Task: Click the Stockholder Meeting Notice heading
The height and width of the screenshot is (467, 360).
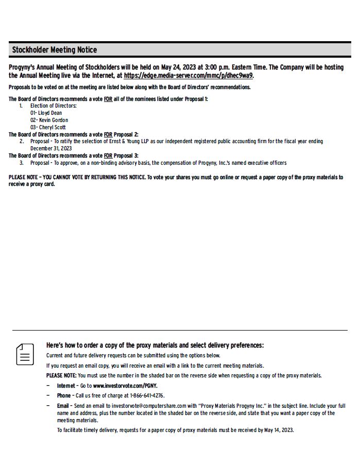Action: click(x=54, y=50)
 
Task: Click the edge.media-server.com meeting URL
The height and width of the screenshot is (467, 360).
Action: click(x=188, y=75)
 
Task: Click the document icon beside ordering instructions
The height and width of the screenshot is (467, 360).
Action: click(x=25, y=355)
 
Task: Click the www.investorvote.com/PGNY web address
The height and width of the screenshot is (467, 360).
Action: click(x=125, y=385)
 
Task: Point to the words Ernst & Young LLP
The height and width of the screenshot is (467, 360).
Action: click(x=125, y=141)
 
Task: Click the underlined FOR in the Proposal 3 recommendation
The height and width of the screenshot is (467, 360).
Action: click(x=108, y=155)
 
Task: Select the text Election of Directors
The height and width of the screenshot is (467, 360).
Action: click(x=54, y=106)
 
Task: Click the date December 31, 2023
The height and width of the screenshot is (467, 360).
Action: click(x=51, y=148)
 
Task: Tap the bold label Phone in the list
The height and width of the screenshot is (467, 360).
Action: click(x=64, y=395)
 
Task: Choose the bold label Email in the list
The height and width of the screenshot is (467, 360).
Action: click(x=63, y=406)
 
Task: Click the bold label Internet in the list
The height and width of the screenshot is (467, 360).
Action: click(x=65, y=385)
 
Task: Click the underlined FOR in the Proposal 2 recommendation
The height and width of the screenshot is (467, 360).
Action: click(x=108, y=134)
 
